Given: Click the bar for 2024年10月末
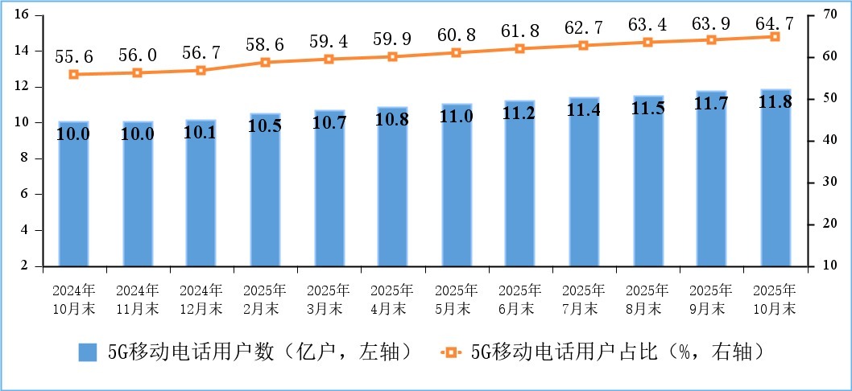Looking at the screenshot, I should click(x=73, y=193).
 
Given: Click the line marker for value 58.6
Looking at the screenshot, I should click(x=265, y=62).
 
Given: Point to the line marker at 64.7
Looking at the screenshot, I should click(x=775, y=36).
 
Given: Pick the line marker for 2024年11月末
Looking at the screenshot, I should click(x=137, y=72).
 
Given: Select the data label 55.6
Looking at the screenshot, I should click(x=73, y=56).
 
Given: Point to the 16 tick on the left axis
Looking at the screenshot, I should click(x=22, y=15).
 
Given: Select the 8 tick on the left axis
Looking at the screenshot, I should click(x=25, y=158).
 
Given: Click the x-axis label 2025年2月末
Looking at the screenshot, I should click(x=265, y=298).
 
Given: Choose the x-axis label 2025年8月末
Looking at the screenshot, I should click(x=648, y=298).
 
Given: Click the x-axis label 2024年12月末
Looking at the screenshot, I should click(x=201, y=298).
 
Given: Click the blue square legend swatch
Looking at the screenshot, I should click(x=88, y=352).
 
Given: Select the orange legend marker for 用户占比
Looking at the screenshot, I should click(x=451, y=352).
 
